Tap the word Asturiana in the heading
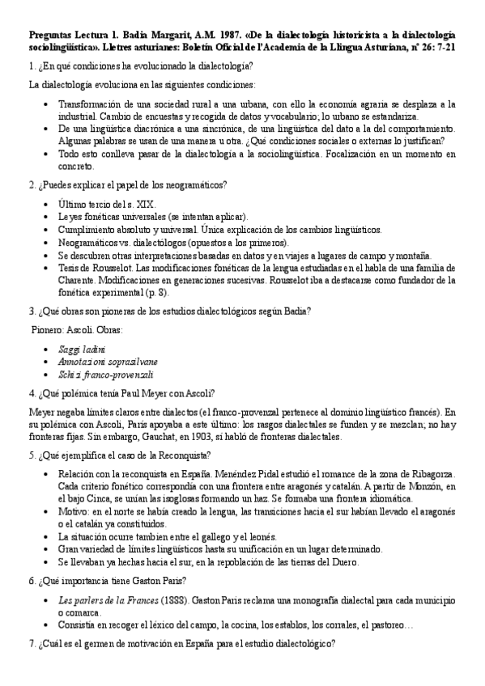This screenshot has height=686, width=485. pyautogui.click(x=352, y=48)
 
